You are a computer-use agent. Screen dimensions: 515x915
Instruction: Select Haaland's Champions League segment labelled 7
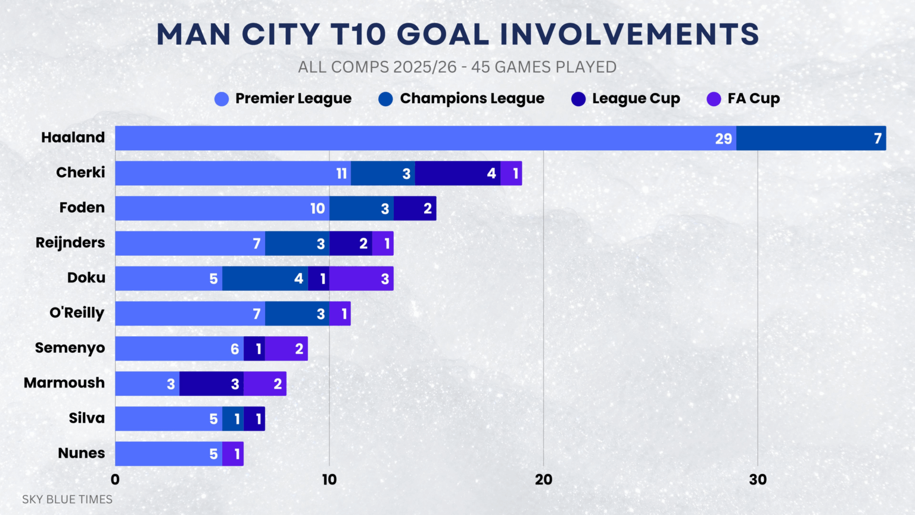811,138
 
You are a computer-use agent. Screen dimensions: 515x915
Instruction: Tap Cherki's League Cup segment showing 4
457,173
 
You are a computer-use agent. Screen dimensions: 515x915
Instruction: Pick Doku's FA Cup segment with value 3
361,278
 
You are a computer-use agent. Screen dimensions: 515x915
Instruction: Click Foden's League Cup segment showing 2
415,209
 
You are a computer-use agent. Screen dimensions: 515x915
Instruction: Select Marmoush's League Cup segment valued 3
211,384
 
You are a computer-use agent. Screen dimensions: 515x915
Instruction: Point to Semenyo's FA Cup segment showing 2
286,349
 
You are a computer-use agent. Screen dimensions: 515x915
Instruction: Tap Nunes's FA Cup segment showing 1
233,454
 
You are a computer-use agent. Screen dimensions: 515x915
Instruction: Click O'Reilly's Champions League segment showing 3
297,314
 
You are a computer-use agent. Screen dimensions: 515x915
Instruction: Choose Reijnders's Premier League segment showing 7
190,244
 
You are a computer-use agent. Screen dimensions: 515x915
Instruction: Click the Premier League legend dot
222,99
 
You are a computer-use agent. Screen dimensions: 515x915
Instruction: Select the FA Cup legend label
753,98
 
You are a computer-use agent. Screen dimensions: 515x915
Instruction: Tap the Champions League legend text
472,98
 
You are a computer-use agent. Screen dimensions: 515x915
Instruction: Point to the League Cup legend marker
578,99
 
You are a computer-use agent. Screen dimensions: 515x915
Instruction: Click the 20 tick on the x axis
543,480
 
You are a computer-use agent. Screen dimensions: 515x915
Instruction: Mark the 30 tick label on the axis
757,480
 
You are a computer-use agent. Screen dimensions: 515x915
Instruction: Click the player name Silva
86,418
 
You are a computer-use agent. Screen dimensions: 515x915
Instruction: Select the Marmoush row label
64,383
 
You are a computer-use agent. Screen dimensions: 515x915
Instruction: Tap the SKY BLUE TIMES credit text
67,500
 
